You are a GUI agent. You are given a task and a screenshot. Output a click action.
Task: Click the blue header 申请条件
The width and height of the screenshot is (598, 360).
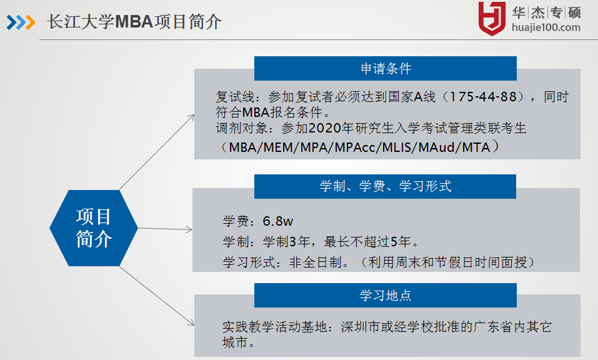pyautogui.click(x=385, y=69)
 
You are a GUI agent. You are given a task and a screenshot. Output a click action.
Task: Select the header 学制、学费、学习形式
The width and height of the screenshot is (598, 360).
pyautogui.click(x=385, y=186)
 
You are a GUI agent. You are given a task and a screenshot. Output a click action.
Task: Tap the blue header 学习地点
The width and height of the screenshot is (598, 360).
pyautogui.click(x=385, y=295)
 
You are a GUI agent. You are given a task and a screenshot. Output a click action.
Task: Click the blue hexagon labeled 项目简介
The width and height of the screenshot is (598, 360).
pyautogui.click(x=94, y=228)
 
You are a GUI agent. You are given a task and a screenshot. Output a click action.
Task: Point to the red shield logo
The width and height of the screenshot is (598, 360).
pyautogui.click(x=492, y=18)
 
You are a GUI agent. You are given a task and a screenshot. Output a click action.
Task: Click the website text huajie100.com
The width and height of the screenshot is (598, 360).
pyautogui.click(x=546, y=27)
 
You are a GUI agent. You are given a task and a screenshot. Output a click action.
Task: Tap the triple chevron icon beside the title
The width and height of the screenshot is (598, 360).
pyautogui.click(x=21, y=22)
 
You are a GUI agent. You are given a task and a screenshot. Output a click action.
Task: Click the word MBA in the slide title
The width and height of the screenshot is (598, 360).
pyautogui.click(x=134, y=22)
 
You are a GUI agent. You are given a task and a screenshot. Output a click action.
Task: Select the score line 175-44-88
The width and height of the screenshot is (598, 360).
pyautogui.click(x=483, y=97)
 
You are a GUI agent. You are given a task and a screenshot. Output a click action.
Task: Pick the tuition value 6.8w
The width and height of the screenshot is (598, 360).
pyautogui.click(x=277, y=221)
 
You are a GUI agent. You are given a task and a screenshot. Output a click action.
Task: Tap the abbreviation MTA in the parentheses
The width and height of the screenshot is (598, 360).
pyautogui.click(x=476, y=147)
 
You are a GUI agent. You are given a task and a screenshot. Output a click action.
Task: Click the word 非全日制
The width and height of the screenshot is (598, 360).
pyautogui.click(x=315, y=262)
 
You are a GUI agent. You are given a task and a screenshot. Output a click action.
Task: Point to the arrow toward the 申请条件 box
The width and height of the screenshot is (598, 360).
pyautogui.click(x=157, y=152)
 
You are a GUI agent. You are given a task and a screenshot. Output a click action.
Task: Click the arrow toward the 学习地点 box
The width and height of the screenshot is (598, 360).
pyautogui.click(x=157, y=296)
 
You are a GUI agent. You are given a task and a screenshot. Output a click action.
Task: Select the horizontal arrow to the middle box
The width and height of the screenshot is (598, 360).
pyautogui.click(x=165, y=229)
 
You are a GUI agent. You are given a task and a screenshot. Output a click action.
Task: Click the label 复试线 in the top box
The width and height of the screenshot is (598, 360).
pyautogui.click(x=235, y=97)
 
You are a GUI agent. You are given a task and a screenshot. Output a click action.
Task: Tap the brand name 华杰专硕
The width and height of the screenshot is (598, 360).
pyautogui.click(x=546, y=12)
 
